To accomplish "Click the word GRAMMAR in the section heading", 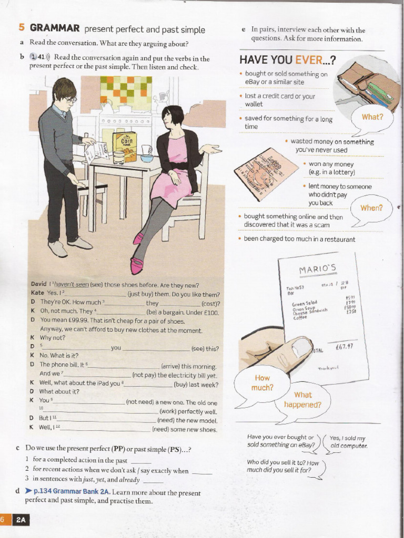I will [55, 28].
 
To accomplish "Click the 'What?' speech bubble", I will [372, 117].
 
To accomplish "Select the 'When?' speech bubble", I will [371, 208].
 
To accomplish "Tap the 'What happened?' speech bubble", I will [303, 400].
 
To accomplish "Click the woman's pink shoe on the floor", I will [136, 266].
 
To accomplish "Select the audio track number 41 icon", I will [39, 58].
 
